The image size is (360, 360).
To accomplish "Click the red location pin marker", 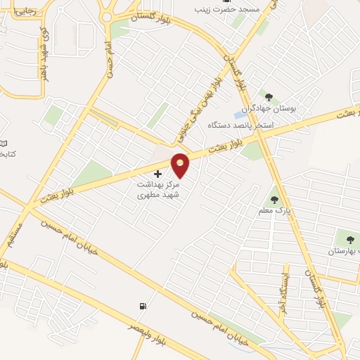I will click(x=181, y=164).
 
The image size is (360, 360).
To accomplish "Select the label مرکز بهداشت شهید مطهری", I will click(x=158, y=187).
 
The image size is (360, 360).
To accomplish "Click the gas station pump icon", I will click(x=143, y=307).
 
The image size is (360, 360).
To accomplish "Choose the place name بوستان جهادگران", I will click(x=270, y=109).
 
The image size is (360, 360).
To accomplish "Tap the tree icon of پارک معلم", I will click(x=274, y=199).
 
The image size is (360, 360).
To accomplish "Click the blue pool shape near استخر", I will click(x=228, y=115).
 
